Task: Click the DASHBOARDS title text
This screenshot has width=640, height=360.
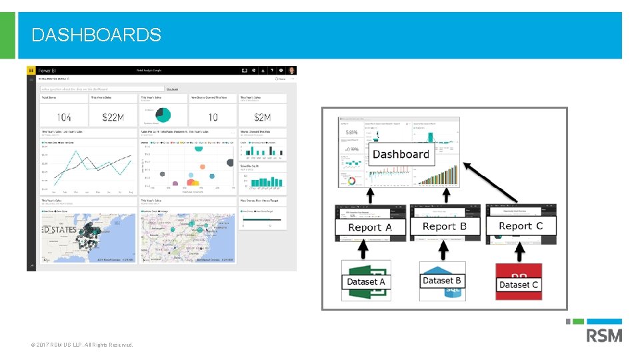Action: coord(96,35)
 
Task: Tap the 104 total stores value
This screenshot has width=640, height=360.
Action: coord(64,117)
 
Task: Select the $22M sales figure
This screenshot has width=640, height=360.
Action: coord(113,117)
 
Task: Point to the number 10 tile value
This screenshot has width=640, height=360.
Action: coord(213,117)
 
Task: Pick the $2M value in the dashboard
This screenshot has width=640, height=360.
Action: coord(262,117)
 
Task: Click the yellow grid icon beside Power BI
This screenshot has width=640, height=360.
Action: coord(31,70)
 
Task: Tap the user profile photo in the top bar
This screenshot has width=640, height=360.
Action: coord(291,70)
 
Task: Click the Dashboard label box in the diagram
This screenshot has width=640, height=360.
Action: coord(401,154)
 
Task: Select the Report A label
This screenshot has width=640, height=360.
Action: coord(370,227)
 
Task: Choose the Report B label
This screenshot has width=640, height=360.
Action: coord(445,227)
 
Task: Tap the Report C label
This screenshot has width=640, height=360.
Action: coord(521,226)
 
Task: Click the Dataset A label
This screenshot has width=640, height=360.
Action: coord(366,281)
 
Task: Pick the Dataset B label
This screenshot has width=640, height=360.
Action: coord(442,281)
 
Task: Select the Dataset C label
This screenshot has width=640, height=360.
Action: coord(519,285)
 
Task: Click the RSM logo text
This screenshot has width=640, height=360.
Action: coord(604,335)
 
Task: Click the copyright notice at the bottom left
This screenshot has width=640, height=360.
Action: coord(82,345)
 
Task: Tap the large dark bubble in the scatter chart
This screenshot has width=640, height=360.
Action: coord(231,163)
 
